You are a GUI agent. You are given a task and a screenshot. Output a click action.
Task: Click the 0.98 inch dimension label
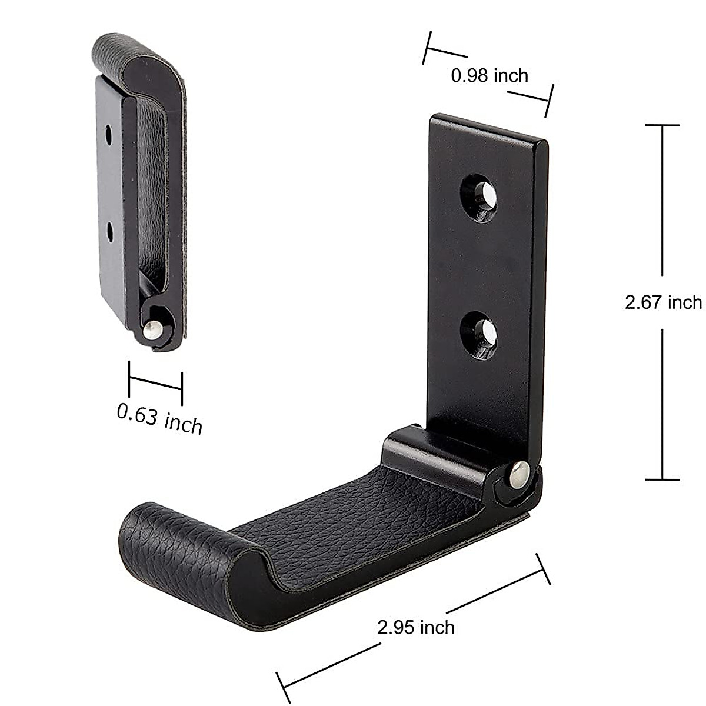(x=489, y=75)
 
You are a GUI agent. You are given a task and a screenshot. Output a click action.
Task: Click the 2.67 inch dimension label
(x=663, y=302)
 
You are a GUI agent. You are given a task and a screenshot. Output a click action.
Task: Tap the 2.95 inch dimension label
(x=416, y=627)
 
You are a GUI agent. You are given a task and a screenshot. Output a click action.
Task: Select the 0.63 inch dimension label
(x=159, y=418)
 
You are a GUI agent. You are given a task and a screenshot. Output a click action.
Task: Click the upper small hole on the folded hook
(x=109, y=134)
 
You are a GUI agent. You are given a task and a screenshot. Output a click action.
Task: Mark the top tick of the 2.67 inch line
(x=662, y=125)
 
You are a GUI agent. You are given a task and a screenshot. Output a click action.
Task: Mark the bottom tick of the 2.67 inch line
(x=662, y=479)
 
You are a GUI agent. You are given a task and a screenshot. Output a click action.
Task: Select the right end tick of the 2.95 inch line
(x=542, y=569)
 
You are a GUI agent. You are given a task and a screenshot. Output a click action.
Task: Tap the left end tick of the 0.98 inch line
(x=428, y=48)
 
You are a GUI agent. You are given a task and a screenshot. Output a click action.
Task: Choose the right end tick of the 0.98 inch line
(x=549, y=101)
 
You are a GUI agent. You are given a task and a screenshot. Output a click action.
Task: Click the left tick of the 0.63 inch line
(x=129, y=378)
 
